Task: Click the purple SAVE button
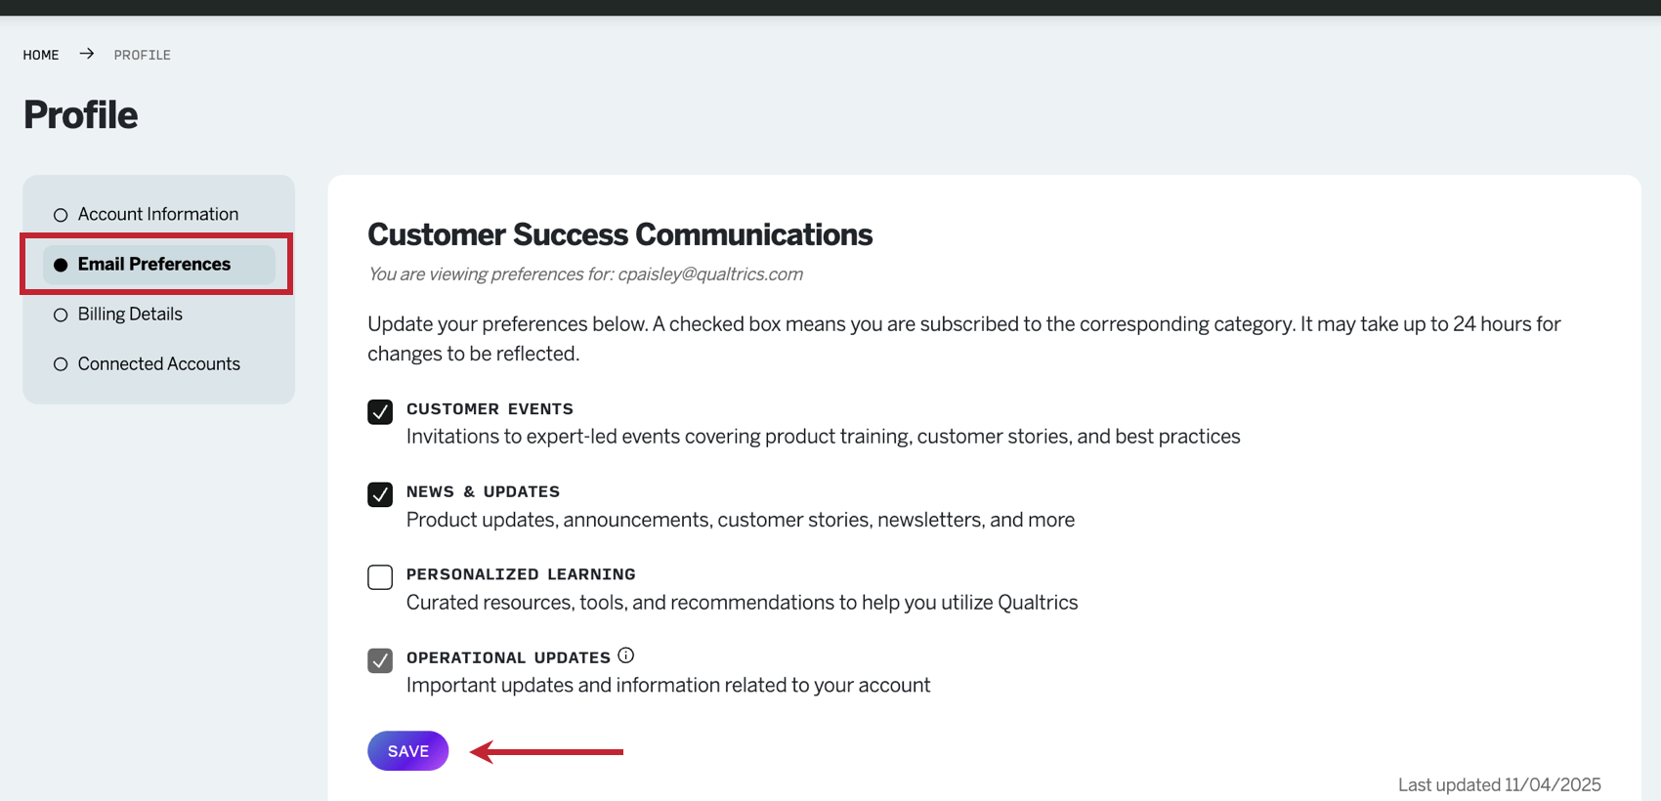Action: click(407, 751)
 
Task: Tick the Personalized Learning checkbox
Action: click(380, 577)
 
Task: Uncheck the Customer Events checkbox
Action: click(380, 411)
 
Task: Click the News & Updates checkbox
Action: click(380, 494)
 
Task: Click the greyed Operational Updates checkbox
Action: click(380, 660)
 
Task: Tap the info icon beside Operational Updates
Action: click(626, 655)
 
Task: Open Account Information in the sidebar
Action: click(157, 214)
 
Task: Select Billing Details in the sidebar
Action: click(130, 314)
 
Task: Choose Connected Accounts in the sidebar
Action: click(158, 363)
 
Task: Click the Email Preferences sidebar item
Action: click(154, 264)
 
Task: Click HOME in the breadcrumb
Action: click(41, 55)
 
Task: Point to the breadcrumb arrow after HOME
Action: click(87, 54)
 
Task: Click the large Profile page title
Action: click(81, 115)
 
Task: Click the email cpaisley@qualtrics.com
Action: click(710, 274)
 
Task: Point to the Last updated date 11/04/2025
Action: click(1553, 784)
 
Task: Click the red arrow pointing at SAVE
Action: click(547, 751)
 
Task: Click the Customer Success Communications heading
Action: click(619, 234)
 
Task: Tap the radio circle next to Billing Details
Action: click(61, 315)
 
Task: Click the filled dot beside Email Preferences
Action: click(61, 265)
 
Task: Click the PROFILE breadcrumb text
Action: click(143, 55)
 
